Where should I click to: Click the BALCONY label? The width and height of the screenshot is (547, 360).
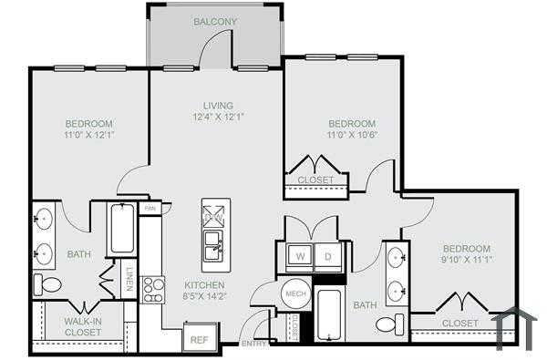pos(215,21)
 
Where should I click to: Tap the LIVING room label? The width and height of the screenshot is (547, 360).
pos(219,105)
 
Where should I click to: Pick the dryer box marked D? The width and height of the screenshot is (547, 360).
pos(328,256)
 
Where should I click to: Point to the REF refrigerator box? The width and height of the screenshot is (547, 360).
pos(199,337)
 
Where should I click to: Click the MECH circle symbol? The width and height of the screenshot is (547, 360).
pos(294,293)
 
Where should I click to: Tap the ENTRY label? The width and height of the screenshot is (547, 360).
pos(253,344)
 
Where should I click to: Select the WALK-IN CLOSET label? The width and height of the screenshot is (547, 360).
pos(83,326)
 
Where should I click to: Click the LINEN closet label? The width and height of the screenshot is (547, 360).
pos(129,277)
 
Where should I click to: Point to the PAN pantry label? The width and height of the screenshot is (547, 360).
pos(150,209)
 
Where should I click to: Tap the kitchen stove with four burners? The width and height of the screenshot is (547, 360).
pos(152,290)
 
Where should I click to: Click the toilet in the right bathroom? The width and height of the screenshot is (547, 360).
pos(389,324)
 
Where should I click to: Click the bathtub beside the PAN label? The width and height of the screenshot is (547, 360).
pos(121,229)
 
